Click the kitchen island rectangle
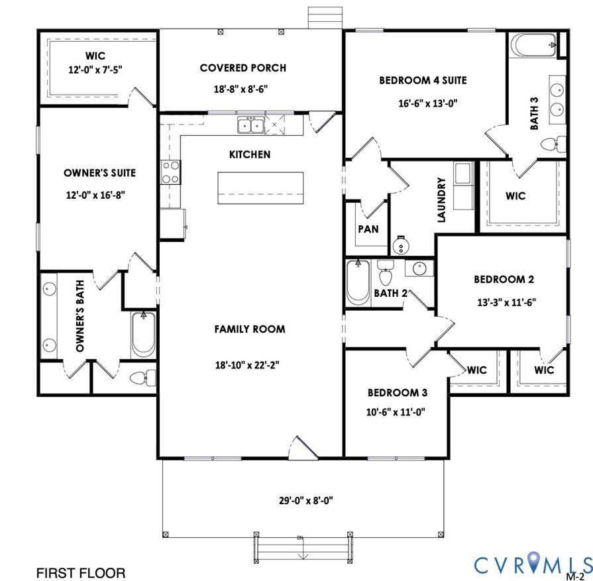click(x=261, y=188)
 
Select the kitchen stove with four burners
click(x=171, y=172)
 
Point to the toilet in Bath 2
click(x=385, y=274)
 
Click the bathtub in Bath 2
click(x=358, y=282)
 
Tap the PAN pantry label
click(x=368, y=229)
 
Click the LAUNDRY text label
click(x=441, y=199)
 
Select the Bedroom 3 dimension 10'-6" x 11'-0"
click(x=396, y=411)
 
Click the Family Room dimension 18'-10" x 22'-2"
click(x=250, y=364)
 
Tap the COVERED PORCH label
click(x=243, y=68)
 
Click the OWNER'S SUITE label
click(x=99, y=173)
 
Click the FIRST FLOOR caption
click(x=80, y=572)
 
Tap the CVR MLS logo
click(x=532, y=565)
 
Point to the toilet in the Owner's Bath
click(x=142, y=378)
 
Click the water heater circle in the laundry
click(x=401, y=246)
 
